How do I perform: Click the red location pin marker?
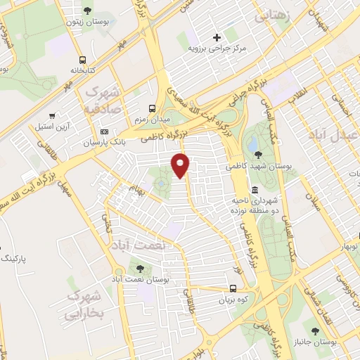point(181,165)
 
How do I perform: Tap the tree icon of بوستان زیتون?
point(86,10)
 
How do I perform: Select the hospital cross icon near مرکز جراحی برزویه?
point(217,37)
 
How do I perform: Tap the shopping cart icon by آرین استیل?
point(52,115)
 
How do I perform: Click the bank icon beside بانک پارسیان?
point(105,131)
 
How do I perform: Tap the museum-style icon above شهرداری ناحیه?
point(254,191)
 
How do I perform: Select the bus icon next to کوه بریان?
point(233,288)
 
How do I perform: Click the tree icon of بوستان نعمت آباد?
point(139,268)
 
